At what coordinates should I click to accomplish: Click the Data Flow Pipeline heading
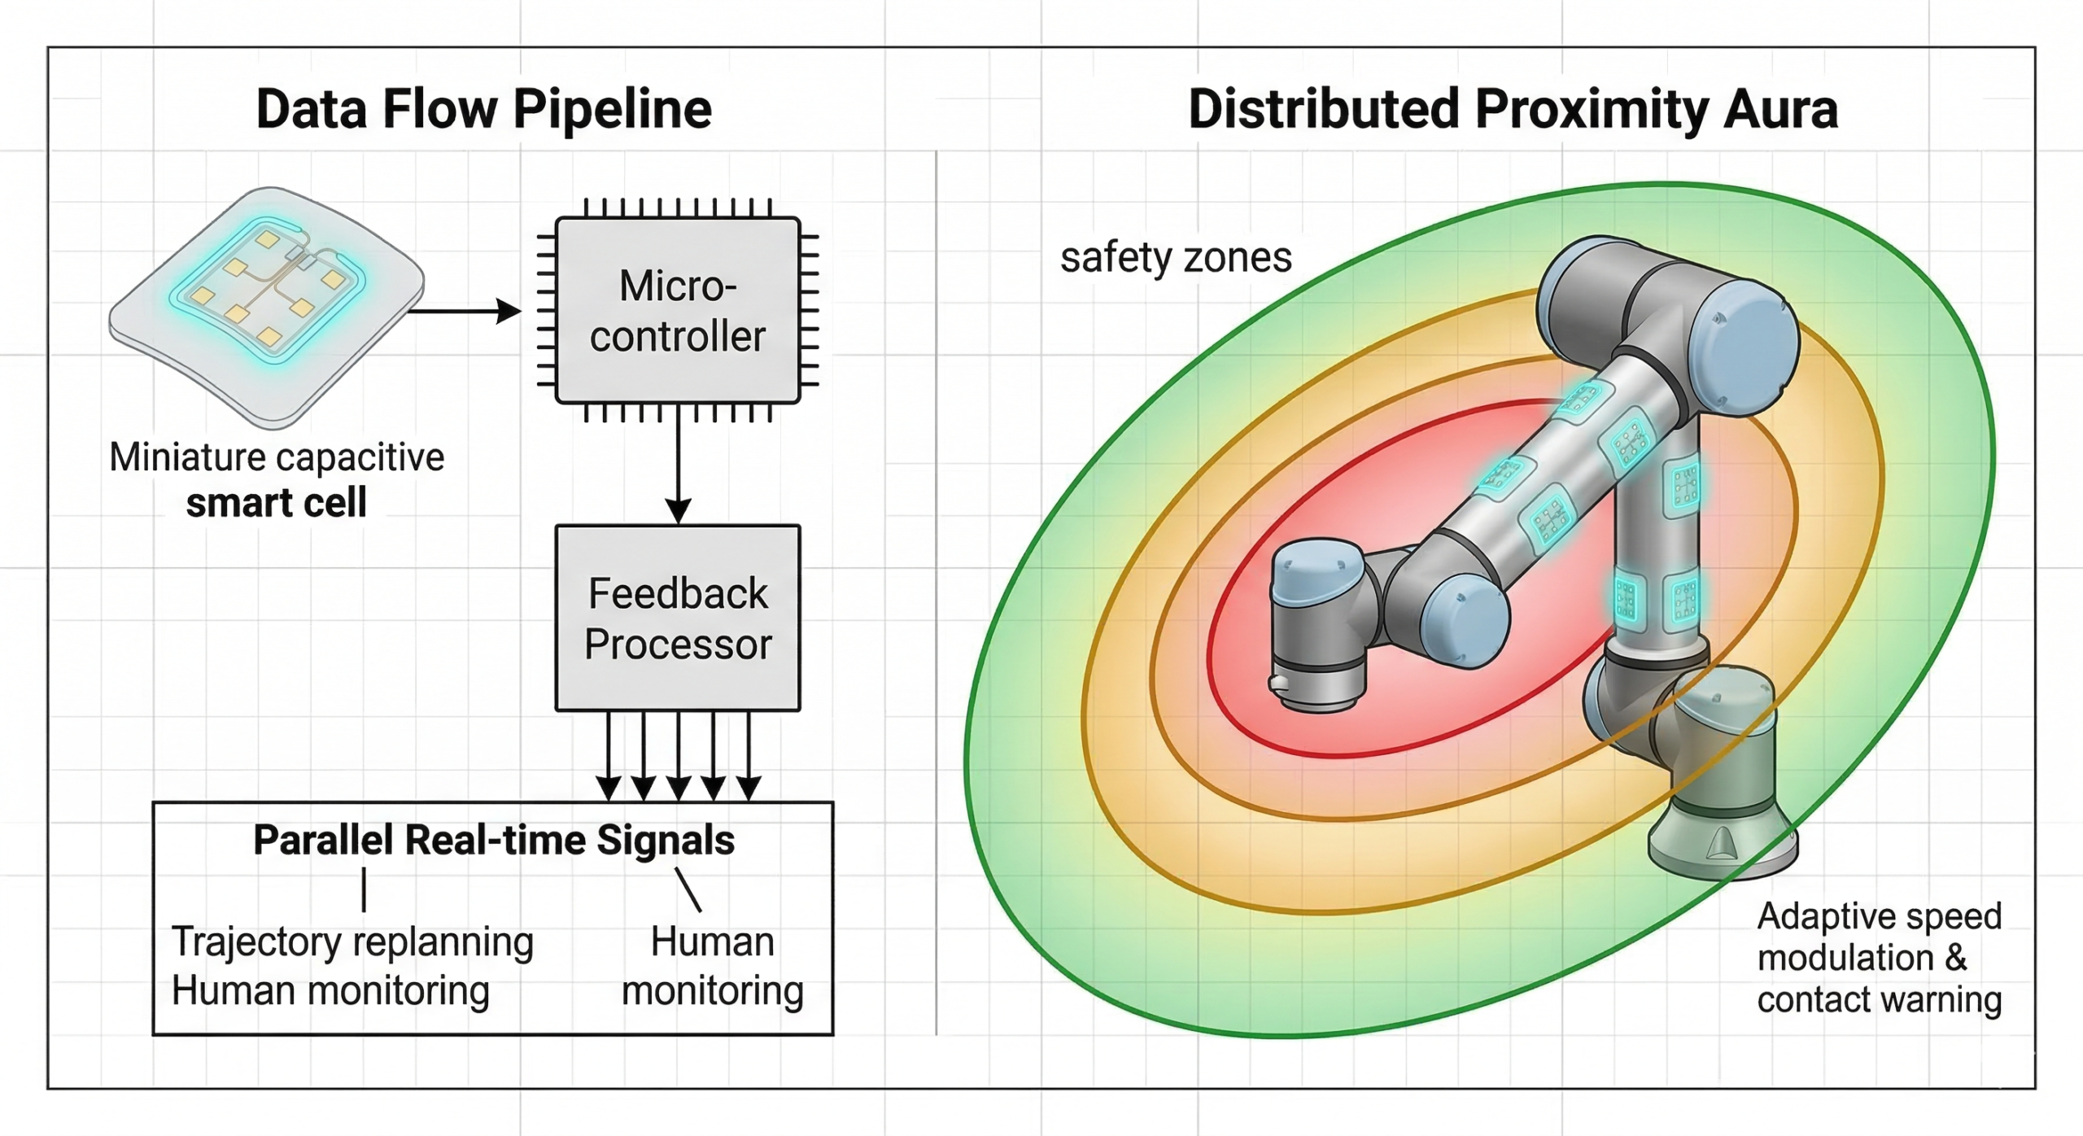tap(484, 109)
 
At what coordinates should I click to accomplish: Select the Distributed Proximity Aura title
tap(1513, 109)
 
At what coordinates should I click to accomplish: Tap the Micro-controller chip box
tap(678, 310)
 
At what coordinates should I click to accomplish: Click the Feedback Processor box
tap(678, 618)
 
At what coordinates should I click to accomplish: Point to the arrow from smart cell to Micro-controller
tap(464, 310)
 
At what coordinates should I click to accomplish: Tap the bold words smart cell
tap(276, 502)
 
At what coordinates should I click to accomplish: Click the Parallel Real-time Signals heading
tap(493, 840)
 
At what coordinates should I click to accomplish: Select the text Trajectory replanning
tap(352, 942)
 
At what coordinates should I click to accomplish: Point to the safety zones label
tap(1175, 257)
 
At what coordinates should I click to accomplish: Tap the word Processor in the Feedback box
tap(678, 644)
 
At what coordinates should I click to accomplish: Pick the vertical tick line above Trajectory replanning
tap(364, 889)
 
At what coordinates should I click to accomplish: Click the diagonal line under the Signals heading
tap(688, 889)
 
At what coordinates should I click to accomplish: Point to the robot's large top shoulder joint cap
tap(1749, 346)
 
